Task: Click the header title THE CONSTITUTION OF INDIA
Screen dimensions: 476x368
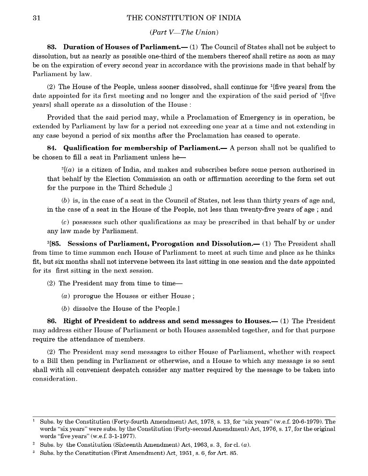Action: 184,18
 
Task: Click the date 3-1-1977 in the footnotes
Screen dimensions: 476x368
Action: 121,436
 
